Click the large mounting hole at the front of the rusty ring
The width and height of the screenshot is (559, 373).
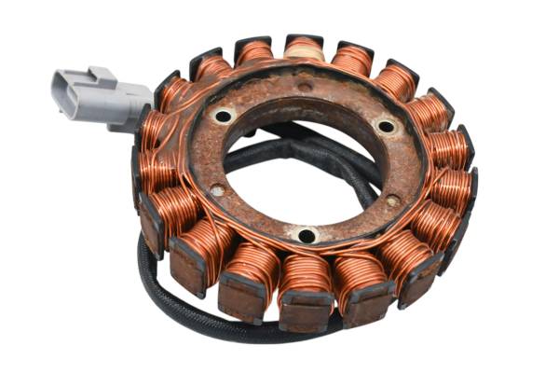point(305,235)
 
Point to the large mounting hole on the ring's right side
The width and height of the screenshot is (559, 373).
point(385,125)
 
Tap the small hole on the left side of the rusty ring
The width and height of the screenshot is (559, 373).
point(217,190)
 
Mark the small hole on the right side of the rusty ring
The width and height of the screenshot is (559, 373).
point(393,200)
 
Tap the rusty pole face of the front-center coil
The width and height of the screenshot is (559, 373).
point(305,312)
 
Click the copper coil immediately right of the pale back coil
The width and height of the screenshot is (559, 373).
point(352,60)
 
